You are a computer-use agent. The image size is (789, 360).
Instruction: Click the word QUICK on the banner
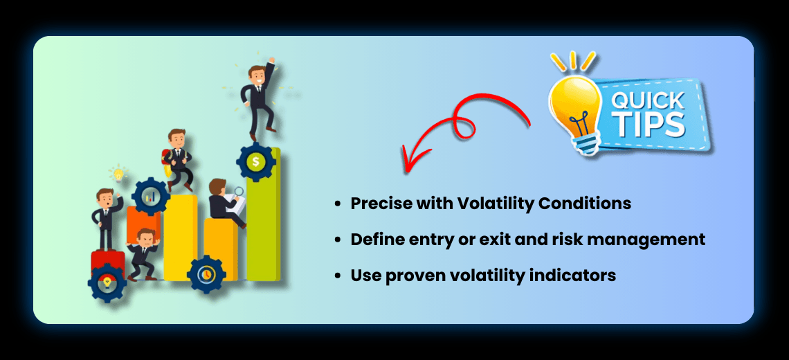[x=647, y=101]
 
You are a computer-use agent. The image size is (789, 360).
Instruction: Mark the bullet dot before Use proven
[x=338, y=276]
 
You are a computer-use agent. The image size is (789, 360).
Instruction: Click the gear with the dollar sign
[x=256, y=161]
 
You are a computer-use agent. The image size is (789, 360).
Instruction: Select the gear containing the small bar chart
[x=150, y=197]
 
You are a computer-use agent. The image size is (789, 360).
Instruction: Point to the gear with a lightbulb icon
[x=107, y=282]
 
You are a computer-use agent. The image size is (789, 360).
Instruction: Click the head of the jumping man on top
[x=258, y=75]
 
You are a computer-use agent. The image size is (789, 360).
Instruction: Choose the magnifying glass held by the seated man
[x=238, y=192]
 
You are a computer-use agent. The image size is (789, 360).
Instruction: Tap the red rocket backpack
[x=167, y=161]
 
